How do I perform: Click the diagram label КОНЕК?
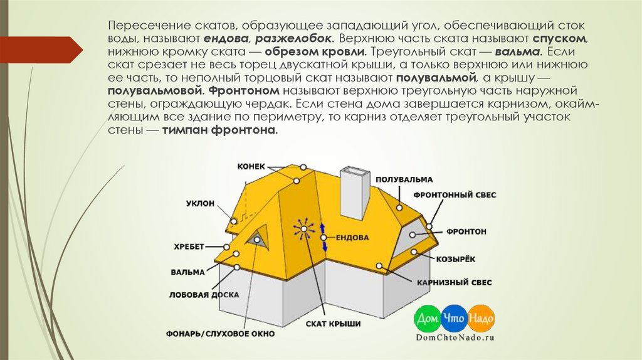[x=251, y=166]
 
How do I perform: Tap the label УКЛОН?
[x=201, y=204]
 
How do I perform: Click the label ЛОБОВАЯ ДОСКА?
[x=198, y=294]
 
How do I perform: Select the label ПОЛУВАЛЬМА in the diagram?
[x=404, y=179]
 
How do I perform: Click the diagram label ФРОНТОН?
[x=466, y=231]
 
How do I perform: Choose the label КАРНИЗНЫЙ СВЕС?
[x=452, y=283]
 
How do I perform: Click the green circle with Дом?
[x=427, y=319]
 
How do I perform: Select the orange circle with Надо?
[x=481, y=319]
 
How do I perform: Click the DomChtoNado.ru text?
[x=455, y=337]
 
